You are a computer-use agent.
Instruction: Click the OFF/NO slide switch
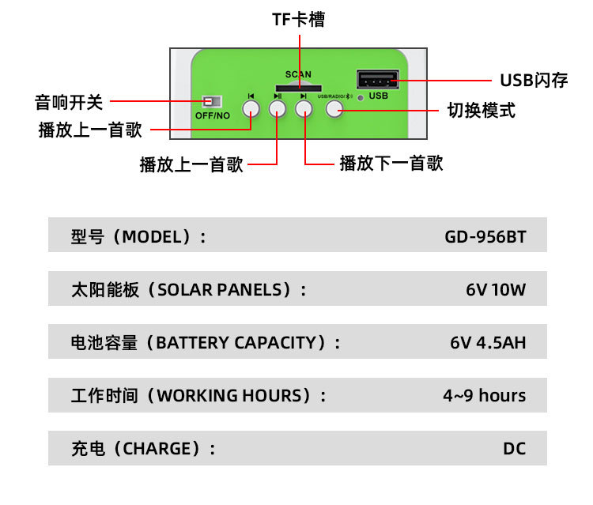(x=211, y=102)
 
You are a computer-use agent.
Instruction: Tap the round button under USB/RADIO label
(x=334, y=108)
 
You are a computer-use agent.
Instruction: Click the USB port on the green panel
(x=376, y=81)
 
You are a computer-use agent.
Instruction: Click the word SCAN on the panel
(x=298, y=74)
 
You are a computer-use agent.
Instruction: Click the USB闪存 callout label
(x=534, y=81)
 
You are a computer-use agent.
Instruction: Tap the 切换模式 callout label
(x=481, y=111)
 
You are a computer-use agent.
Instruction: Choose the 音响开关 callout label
(x=69, y=102)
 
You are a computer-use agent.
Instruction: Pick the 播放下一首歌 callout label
(x=391, y=164)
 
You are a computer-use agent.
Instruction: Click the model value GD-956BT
(x=485, y=236)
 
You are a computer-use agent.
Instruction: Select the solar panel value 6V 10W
(x=496, y=289)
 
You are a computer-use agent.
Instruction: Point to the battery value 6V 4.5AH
(x=488, y=343)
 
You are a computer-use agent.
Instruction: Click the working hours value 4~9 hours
(x=484, y=396)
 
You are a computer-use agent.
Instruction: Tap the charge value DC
(x=514, y=449)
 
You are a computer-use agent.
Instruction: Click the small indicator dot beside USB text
(x=361, y=98)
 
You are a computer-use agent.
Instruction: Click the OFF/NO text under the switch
(x=212, y=115)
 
